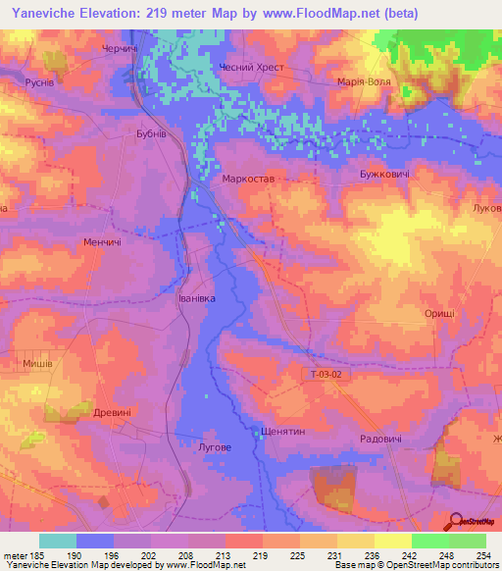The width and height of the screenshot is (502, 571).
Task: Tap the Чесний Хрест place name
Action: (x=258, y=67)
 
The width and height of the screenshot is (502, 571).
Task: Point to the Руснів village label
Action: (x=45, y=82)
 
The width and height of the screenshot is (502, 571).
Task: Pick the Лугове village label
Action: (x=215, y=447)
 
